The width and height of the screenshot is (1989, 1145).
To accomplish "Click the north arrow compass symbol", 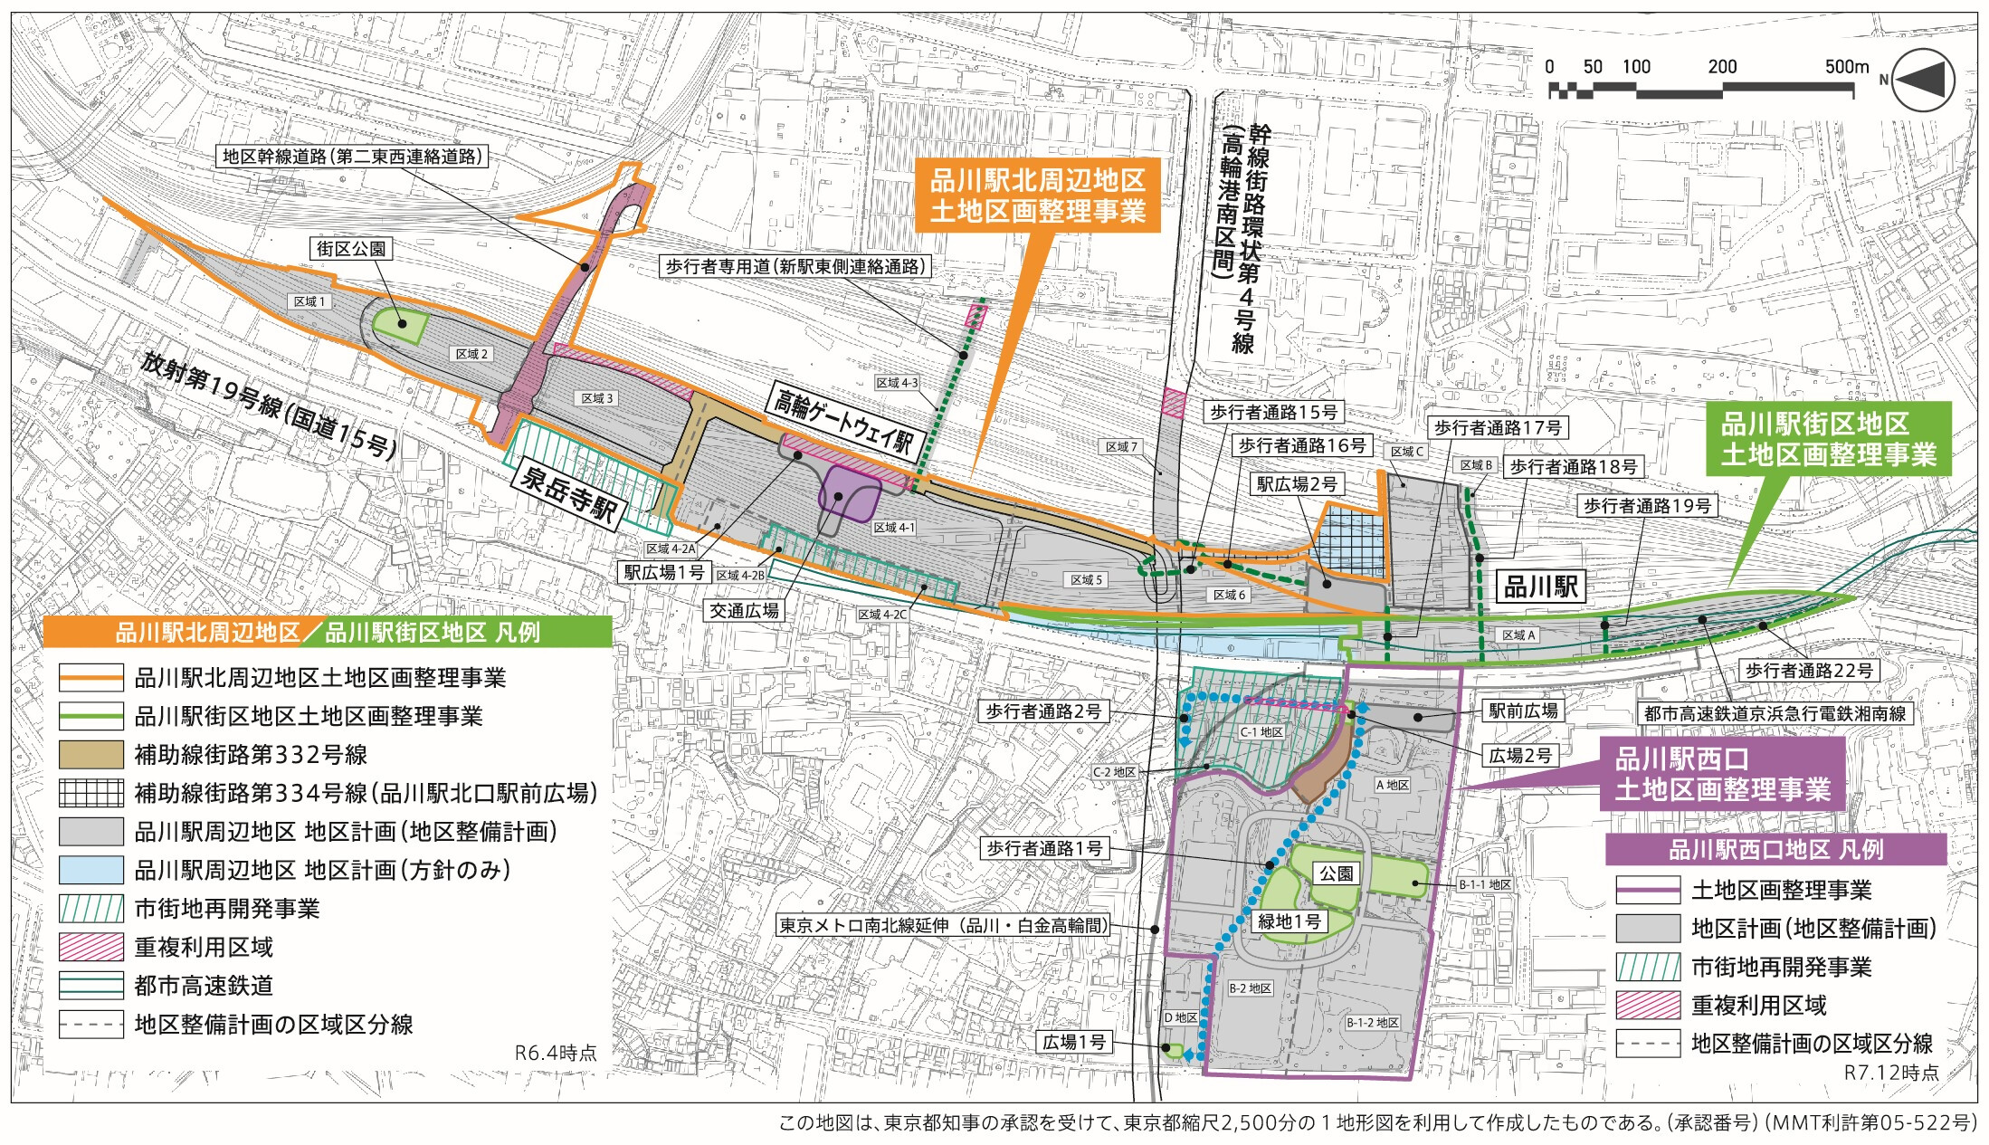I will (1924, 80).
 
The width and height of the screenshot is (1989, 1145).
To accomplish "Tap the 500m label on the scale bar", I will (1846, 66).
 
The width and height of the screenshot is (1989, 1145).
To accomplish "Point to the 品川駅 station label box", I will (1540, 587).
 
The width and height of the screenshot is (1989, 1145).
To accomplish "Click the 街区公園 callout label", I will (351, 248).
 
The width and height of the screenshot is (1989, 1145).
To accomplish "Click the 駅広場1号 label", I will (664, 572).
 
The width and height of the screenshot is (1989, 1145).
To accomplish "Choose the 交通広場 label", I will (744, 611).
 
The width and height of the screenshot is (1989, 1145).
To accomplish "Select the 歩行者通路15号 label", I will (1273, 413).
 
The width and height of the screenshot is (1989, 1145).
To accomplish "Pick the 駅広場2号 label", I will (1299, 484).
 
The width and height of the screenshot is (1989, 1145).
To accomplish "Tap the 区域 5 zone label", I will (1087, 579).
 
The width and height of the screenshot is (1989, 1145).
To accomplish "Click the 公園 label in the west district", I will (1336, 873).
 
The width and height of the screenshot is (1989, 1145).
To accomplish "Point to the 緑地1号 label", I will (1289, 921).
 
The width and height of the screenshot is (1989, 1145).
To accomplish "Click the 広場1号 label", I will (1073, 1042).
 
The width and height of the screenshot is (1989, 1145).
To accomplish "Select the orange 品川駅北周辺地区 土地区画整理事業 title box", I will (1038, 196).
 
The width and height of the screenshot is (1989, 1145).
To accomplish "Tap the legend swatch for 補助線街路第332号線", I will (90, 755).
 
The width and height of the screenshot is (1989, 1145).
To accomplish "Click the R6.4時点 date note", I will (556, 1053).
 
